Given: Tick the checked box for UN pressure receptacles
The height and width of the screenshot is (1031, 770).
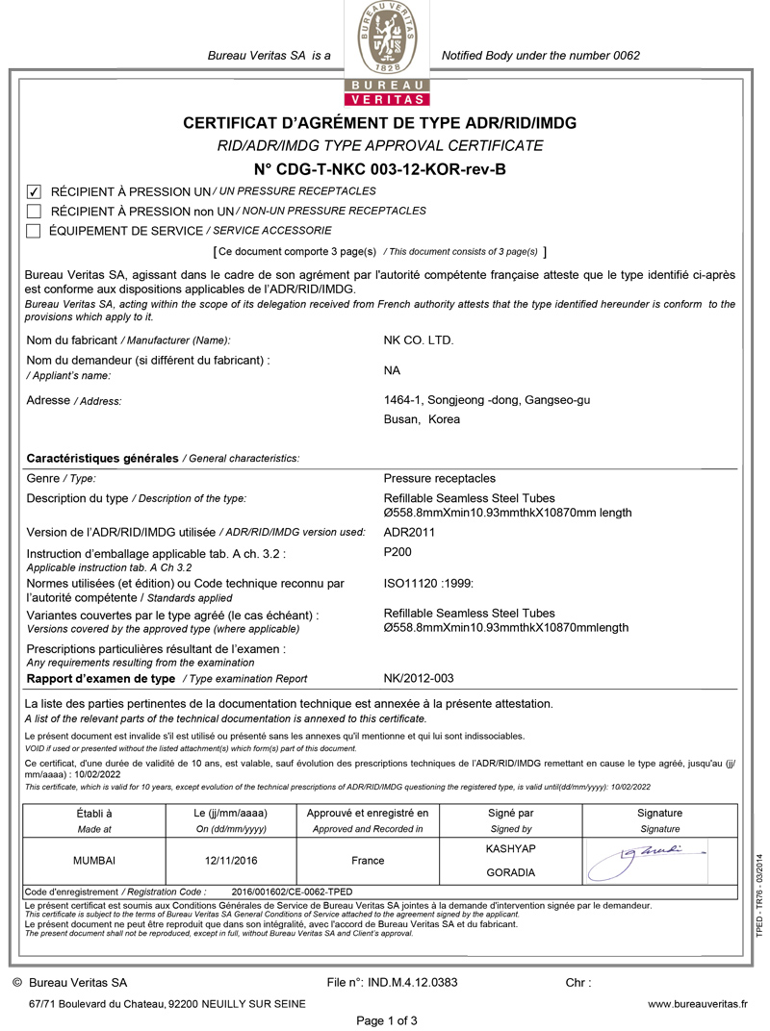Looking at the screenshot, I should point(34,191).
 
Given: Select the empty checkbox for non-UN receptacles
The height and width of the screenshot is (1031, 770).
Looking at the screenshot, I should point(34,211).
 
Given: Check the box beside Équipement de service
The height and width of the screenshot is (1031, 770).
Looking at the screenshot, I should point(34,231).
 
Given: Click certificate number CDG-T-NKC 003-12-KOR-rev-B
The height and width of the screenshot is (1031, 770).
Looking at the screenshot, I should point(379,169).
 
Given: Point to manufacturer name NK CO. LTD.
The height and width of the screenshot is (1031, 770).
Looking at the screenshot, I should point(419,340).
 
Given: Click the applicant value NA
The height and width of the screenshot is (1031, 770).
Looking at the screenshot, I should point(392,370).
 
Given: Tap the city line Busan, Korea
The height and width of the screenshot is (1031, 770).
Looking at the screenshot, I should point(422,419).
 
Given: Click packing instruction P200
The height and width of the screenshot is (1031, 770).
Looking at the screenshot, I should point(398,553).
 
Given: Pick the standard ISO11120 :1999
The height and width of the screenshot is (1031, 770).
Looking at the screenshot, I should point(428,583).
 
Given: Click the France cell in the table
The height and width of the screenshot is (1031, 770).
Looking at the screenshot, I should point(368,861).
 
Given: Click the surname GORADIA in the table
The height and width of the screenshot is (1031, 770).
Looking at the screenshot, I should point(511,873).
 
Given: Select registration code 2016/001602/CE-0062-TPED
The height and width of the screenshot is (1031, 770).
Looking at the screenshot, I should point(293,892).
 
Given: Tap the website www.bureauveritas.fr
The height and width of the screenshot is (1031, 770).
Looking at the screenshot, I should point(697,1004).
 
